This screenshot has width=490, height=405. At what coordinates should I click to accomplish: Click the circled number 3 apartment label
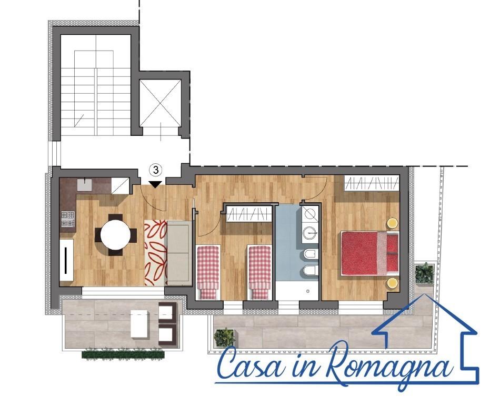(x=156, y=170)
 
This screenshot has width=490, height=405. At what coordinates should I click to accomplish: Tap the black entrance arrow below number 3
(x=155, y=184)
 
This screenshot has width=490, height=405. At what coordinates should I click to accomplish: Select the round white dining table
(x=116, y=234)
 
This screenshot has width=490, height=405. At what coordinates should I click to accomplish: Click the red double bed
(x=370, y=253)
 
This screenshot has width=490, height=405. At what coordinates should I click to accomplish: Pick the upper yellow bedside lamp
(x=392, y=223)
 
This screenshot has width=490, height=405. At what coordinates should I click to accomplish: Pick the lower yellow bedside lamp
(x=392, y=283)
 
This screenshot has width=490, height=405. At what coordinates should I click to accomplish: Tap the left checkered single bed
(x=208, y=272)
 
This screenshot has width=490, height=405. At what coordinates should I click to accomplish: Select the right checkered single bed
(x=259, y=272)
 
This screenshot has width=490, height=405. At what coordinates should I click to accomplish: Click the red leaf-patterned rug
(x=155, y=253)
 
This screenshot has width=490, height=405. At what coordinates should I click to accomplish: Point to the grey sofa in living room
(x=179, y=253)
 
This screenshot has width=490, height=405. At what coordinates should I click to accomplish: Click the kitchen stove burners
(x=68, y=219)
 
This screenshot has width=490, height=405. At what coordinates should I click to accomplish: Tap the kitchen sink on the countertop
(x=84, y=184)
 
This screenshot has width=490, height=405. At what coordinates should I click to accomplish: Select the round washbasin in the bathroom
(x=310, y=232)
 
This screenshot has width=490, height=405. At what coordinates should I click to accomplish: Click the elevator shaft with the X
(x=160, y=103)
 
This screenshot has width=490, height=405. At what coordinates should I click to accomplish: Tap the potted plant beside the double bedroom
(x=424, y=273)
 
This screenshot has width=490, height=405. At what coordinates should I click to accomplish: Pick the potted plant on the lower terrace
(x=224, y=338)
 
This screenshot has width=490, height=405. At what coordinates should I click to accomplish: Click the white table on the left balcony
(x=139, y=324)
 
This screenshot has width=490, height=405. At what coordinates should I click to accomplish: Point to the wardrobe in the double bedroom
(x=372, y=183)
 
